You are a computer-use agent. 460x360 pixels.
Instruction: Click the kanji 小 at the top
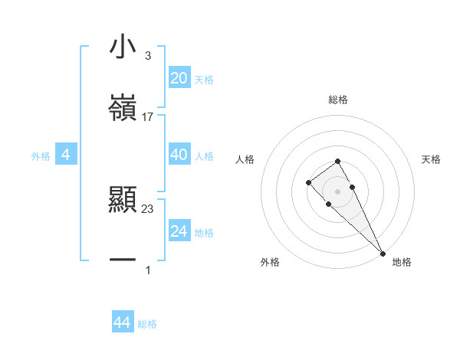123,47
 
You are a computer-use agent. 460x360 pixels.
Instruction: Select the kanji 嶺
123,107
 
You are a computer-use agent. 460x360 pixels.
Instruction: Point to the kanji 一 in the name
123,261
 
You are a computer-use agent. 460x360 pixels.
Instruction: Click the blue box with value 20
179,78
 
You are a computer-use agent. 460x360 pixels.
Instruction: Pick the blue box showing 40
179,155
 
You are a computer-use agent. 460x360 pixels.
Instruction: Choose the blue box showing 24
179,231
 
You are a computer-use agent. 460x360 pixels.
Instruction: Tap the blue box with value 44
122,322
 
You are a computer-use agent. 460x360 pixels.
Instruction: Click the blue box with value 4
66,155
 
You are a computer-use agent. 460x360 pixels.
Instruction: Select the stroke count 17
148,117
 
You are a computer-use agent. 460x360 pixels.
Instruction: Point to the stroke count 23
148,208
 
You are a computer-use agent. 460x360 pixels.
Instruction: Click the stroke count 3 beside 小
147,56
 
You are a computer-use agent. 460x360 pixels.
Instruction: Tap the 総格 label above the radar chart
338,100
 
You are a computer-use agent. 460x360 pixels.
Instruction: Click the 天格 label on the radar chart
432,159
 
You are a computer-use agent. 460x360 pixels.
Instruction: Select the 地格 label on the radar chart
402,262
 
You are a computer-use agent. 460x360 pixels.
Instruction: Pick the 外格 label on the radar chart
270,262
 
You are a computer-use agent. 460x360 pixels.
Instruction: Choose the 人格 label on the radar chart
245,159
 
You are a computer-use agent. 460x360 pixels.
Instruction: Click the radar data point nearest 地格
383,254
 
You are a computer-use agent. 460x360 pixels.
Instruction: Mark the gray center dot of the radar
337,191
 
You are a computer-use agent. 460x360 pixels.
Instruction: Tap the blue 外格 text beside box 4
41,155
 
